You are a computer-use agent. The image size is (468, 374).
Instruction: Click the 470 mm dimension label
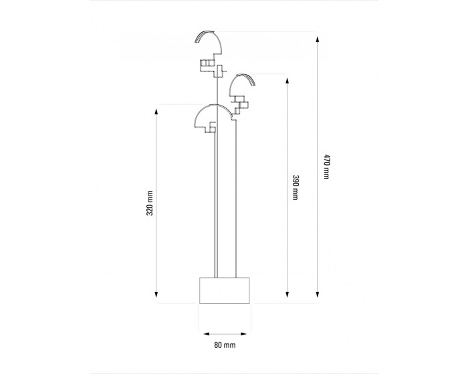(326, 167)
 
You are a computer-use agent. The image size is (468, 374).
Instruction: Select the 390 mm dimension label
(296, 187)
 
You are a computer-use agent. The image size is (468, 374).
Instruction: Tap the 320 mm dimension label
(150, 203)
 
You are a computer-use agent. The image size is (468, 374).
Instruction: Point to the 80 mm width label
(225, 345)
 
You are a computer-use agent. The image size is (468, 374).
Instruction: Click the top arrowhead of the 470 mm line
(318, 39)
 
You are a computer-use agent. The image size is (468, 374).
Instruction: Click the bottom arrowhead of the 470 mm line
(318, 295)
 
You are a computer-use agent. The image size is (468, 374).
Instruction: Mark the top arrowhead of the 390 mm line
(287, 81)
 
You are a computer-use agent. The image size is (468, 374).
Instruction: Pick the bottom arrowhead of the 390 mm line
(287, 295)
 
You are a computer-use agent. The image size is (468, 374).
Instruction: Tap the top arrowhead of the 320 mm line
(156, 112)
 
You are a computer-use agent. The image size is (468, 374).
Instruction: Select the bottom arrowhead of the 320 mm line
(156, 295)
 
